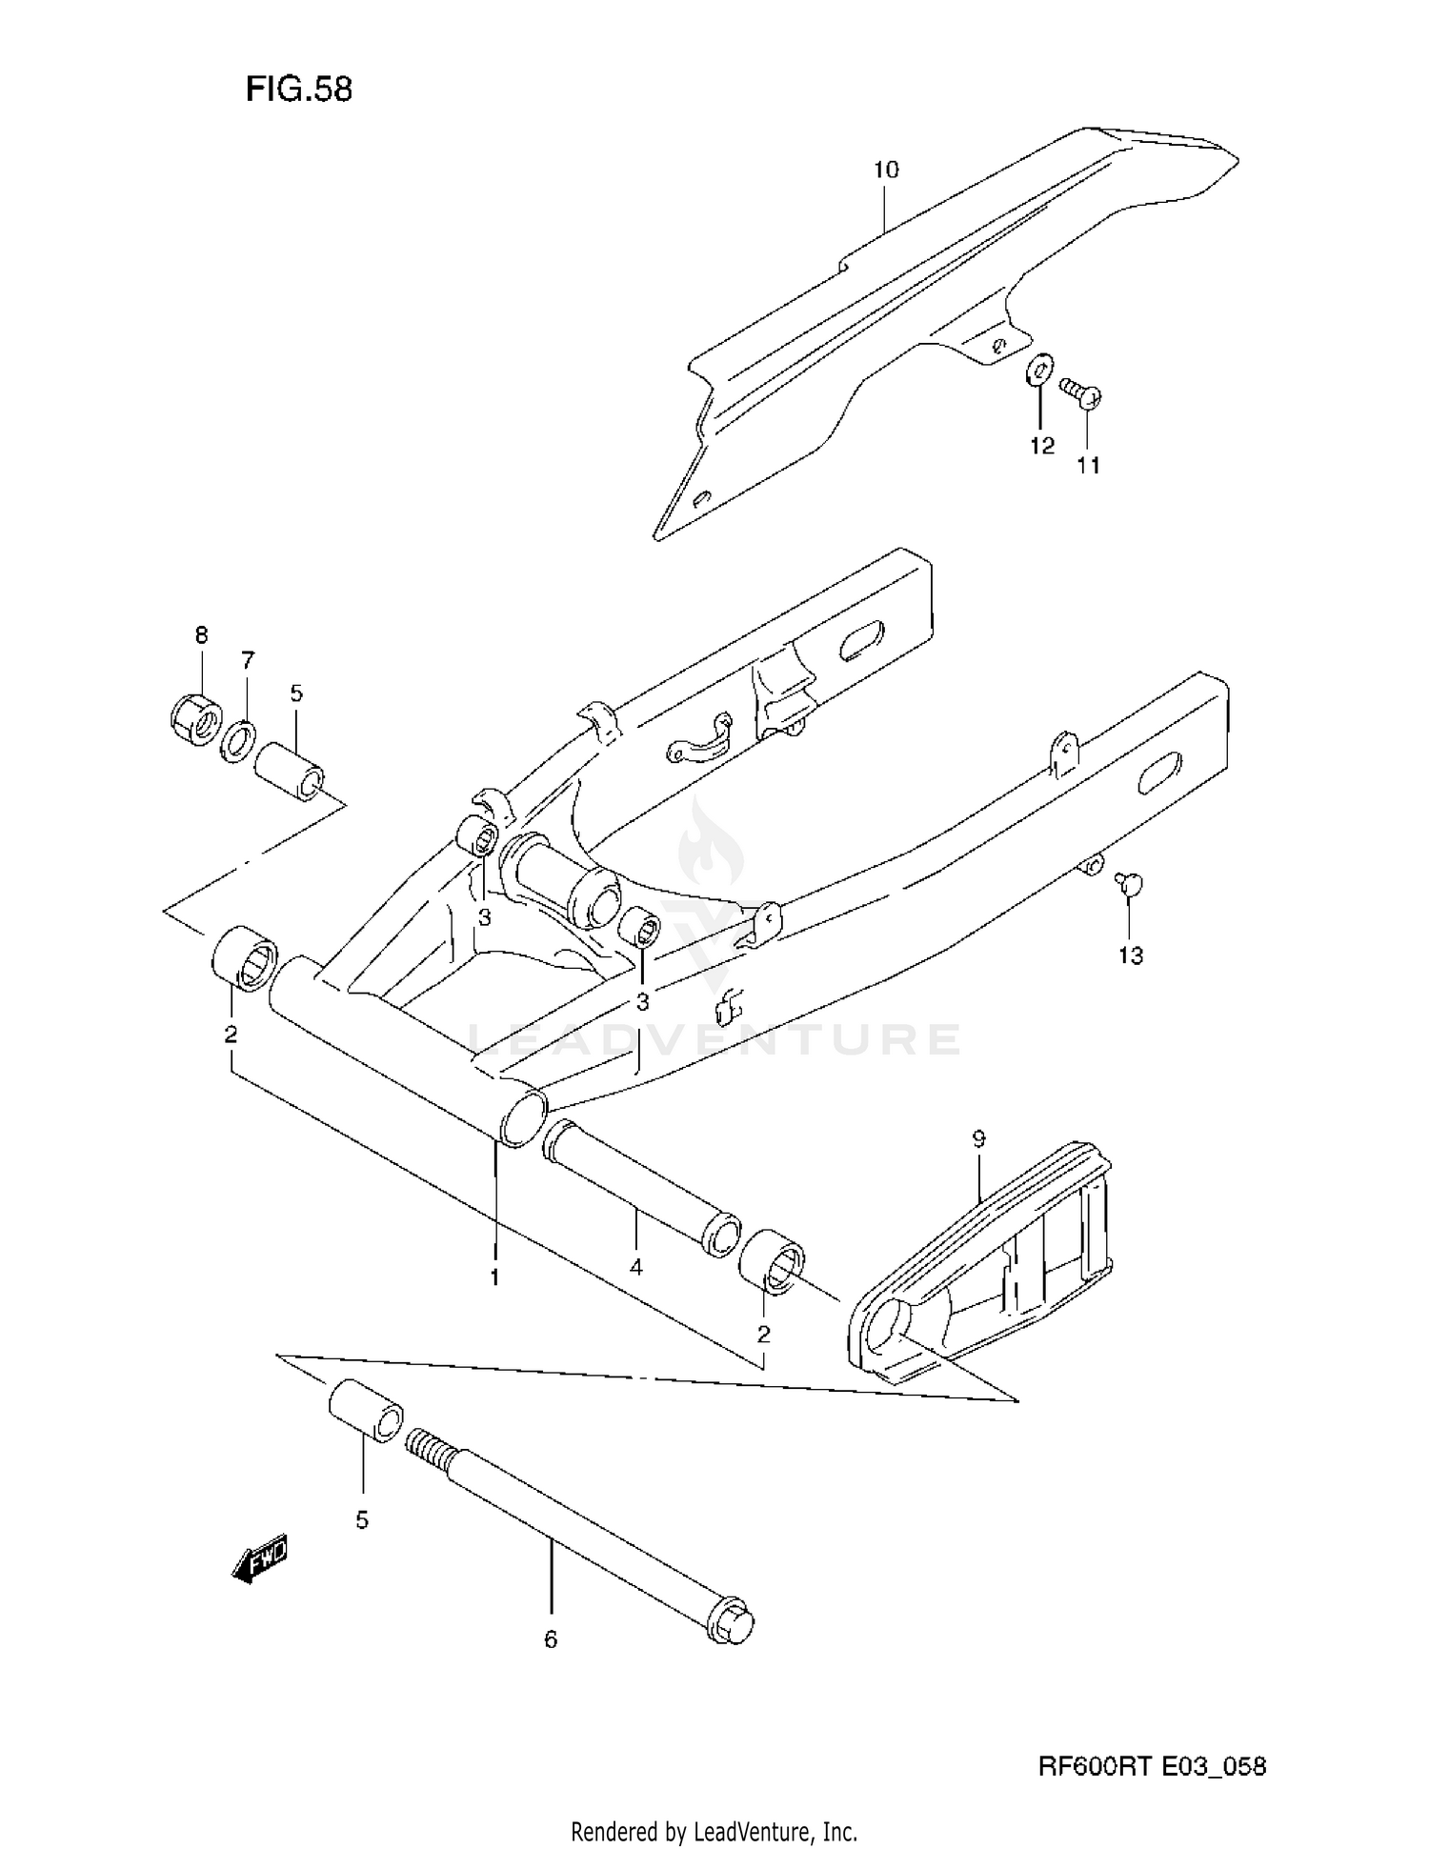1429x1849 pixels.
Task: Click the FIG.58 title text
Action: [298, 89]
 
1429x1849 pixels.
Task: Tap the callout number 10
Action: [885, 170]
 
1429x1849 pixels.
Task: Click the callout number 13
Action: [1130, 955]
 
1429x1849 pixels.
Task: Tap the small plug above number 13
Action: [1130, 885]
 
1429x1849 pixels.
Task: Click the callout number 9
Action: [978, 1137]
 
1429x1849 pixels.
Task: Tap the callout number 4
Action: [635, 1267]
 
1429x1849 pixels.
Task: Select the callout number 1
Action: [494, 1277]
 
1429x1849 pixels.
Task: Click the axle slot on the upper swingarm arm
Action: [861, 640]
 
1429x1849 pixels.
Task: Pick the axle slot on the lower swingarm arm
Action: [1160, 773]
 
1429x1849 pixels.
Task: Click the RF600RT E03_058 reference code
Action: [1152, 1767]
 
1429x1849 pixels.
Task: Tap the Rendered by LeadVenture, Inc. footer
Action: [714, 1831]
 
